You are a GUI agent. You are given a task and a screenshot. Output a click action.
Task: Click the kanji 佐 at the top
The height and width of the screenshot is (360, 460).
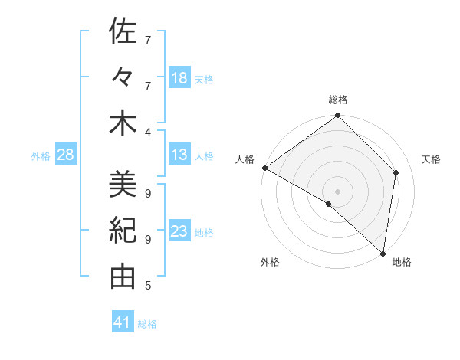point(123,31)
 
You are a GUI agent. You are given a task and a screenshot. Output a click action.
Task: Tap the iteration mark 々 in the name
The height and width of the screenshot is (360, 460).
point(123,77)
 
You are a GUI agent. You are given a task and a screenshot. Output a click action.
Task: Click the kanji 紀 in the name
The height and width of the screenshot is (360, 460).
point(123,231)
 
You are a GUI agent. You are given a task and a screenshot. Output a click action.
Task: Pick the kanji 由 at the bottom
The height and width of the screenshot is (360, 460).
point(123,277)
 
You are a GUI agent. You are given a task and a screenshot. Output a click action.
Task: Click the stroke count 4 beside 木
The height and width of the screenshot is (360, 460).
point(147,132)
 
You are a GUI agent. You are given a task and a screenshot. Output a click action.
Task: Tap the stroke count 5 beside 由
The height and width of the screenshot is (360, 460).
point(147,286)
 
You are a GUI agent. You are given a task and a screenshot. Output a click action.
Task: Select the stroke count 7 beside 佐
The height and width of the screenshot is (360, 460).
point(147,40)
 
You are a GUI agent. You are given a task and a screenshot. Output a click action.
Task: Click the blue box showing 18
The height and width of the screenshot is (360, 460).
point(179,77)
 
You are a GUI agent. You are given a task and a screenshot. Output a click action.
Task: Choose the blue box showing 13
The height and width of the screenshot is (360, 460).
point(179,155)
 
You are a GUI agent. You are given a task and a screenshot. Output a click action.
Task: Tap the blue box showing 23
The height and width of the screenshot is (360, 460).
point(179,231)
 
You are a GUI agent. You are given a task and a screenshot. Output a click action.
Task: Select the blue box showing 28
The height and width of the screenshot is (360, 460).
point(66,155)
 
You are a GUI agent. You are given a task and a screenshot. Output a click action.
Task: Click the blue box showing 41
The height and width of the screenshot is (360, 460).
point(123,322)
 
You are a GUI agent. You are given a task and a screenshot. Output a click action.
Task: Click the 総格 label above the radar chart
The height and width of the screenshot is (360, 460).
point(338,100)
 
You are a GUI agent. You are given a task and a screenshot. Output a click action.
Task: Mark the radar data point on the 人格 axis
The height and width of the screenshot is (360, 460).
point(264,168)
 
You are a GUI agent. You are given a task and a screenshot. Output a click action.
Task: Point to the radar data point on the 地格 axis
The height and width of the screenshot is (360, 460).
point(383,252)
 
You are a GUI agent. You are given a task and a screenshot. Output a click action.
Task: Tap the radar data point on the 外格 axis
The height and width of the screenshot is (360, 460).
point(329,204)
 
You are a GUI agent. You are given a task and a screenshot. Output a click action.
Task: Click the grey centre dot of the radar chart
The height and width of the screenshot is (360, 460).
point(338,191)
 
